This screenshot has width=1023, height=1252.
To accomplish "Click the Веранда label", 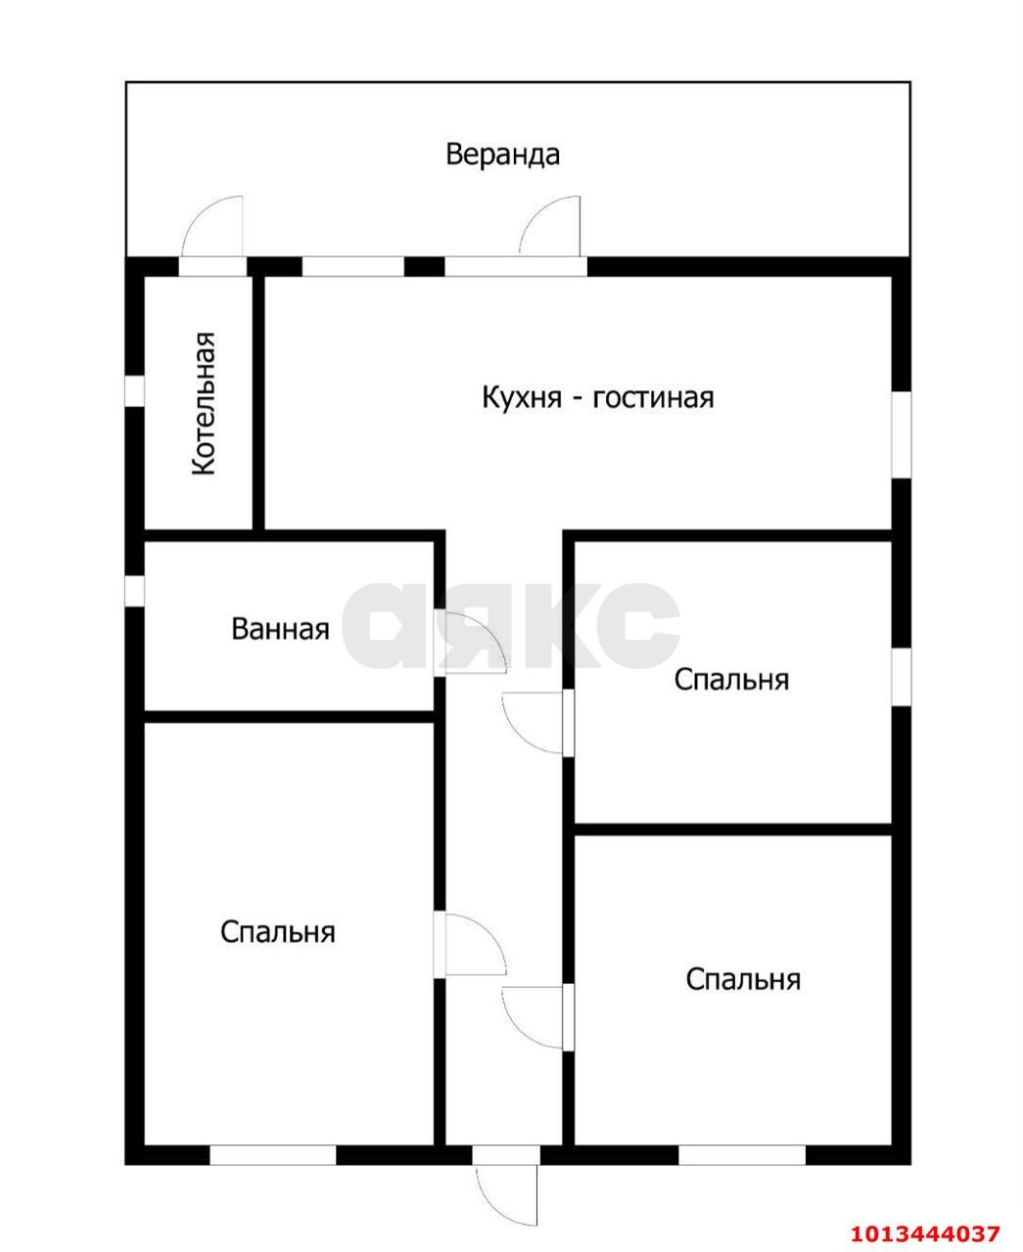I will coord(502,155).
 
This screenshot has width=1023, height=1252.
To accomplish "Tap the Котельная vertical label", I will coord(203,404).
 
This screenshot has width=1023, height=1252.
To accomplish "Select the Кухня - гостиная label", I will coord(597,397).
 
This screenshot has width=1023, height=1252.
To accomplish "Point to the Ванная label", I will coord(280,629).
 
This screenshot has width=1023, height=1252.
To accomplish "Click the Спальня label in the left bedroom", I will coord(278,932).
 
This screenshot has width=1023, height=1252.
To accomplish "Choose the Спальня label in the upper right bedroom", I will coord(731,679).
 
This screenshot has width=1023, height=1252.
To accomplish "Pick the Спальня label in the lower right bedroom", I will coord(743,979).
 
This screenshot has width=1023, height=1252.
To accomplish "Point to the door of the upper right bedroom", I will coord(535,722).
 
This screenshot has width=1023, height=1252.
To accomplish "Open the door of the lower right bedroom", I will coord(535,1017).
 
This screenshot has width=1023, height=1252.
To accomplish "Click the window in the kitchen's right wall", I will coord(901,434).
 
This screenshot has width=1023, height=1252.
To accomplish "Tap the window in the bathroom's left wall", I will coord(135,591).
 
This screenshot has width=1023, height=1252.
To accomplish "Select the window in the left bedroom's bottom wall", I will coord(273,1155).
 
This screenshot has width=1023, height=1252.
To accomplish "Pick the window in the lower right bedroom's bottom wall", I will coord(742,1155).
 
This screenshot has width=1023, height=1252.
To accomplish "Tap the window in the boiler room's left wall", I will coord(135,390).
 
